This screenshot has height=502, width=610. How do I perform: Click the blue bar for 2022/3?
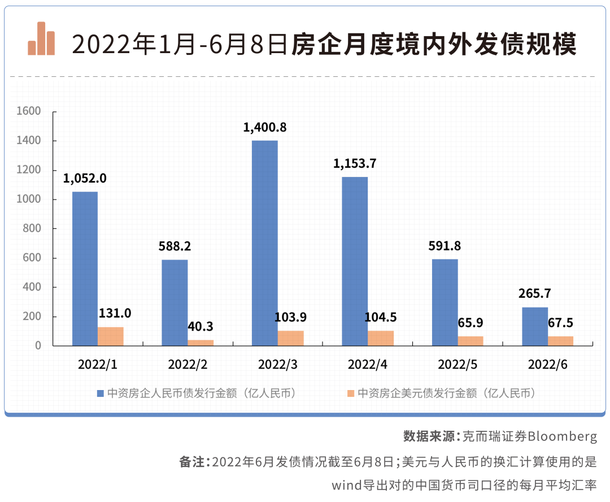[264, 243]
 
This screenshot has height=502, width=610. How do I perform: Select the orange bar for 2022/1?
[111, 336]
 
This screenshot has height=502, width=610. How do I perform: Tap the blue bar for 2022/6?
[534, 326]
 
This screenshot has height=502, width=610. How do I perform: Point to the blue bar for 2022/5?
[445, 302]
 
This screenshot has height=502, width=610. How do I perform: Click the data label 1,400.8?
[265, 127]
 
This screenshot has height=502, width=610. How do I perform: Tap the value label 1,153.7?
[355, 164]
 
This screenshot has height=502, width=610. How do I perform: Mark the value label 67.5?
[560, 323]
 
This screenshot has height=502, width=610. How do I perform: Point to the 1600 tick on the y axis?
[29, 111]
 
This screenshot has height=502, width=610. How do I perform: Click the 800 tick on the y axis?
[32, 228]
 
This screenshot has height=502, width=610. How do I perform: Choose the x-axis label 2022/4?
[368, 365]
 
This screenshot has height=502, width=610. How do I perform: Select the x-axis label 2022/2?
[188, 365]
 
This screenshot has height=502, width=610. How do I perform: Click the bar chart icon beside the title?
[41, 39]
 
